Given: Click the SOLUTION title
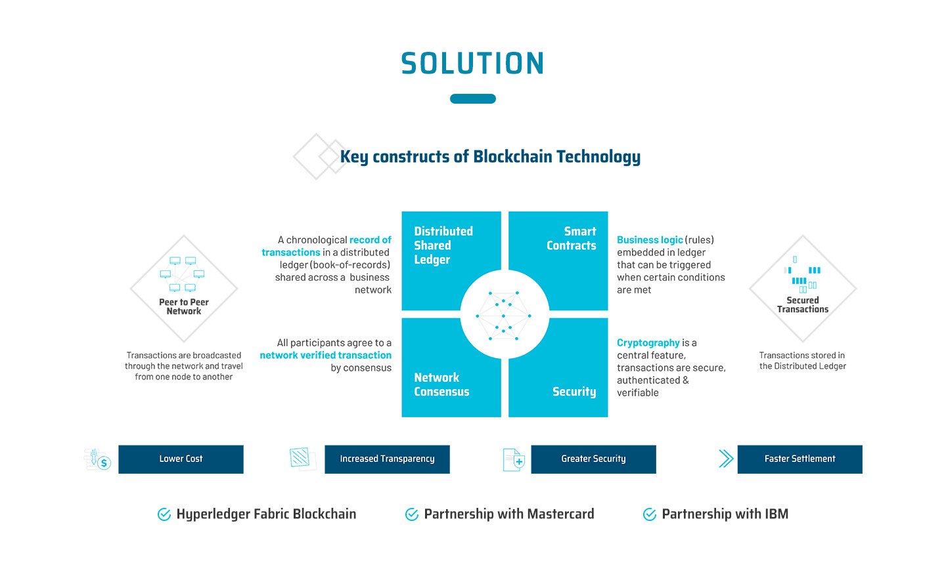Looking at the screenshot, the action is [472, 63].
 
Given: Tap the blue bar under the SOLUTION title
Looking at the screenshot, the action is [472, 98].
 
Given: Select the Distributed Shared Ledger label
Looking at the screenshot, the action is [443, 245].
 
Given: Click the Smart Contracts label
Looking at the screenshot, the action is [572, 238].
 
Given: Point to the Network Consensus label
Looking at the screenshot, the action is [441, 384].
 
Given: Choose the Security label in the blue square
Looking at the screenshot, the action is [574, 392].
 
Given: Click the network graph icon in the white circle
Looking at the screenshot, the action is [503, 316].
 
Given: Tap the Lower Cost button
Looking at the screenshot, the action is [181, 459].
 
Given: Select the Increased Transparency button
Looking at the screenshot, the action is [388, 459].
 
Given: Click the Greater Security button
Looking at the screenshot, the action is [593, 459].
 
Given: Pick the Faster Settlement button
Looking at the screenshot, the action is [800, 459].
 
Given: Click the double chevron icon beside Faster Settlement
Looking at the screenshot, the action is [726, 459].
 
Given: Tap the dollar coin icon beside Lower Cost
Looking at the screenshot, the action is [104, 463].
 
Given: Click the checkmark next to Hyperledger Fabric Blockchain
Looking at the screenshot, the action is [164, 514].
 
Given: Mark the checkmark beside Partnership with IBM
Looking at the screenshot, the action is [650, 514].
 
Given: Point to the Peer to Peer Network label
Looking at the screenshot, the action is [184, 306].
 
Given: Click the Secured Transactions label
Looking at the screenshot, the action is [802, 304].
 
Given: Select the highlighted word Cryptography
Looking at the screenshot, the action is [648, 343].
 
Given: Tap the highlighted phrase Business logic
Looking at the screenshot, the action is [650, 240].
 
